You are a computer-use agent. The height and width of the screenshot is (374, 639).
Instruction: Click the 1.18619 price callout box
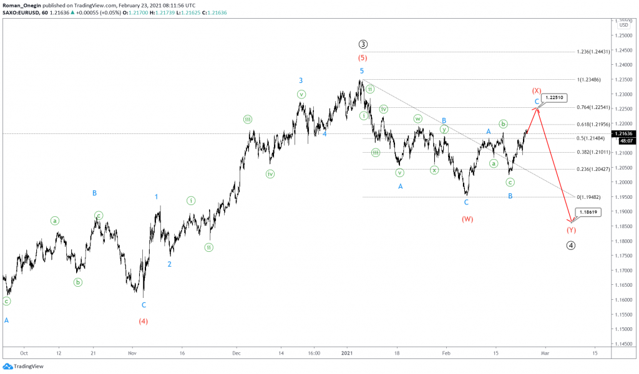pyautogui.click(x=589, y=212)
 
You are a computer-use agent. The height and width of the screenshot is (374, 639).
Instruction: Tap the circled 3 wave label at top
pyautogui.click(x=363, y=44)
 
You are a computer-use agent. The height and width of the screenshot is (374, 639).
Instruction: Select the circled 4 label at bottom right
pyautogui.click(x=570, y=245)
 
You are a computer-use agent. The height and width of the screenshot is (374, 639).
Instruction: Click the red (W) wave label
pyautogui.click(x=467, y=219)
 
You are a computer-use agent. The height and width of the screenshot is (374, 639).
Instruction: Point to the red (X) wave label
pyautogui.click(x=535, y=90)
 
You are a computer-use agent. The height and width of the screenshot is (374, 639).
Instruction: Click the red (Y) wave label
pyautogui.click(x=571, y=230)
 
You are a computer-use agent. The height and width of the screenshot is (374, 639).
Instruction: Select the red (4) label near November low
pyautogui.click(x=144, y=321)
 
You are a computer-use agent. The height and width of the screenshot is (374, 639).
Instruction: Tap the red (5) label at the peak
pyautogui.click(x=361, y=57)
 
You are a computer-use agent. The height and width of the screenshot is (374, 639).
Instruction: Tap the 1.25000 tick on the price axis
pyautogui.click(x=623, y=36)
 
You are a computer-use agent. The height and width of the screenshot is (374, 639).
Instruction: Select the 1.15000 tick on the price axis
pyautogui.click(x=623, y=328)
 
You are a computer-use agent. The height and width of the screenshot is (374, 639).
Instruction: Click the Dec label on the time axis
pyautogui.click(x=237, y=353)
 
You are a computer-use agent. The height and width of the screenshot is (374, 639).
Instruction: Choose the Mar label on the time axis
pyautogui.click(x=544, y=353)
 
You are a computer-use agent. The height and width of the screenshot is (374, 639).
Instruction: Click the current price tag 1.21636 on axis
pyautogui.click(x=624, y=133)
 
